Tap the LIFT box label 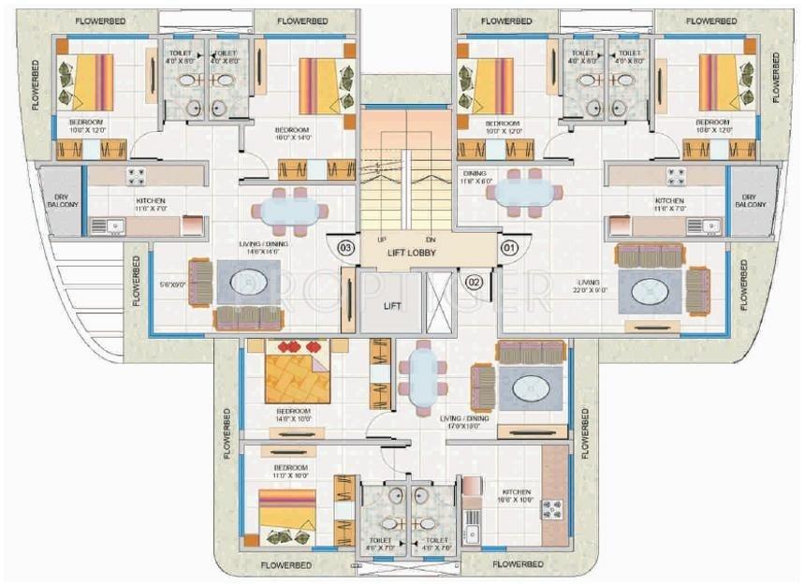pos(392,305)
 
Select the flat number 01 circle pos(509,248)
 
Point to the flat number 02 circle pos(473,280)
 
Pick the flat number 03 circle pos(345,248)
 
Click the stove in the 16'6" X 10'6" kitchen pos(551,508)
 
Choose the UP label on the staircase pos(382,239)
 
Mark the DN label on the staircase pos(431,239)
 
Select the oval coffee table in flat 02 pos(530,385)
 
